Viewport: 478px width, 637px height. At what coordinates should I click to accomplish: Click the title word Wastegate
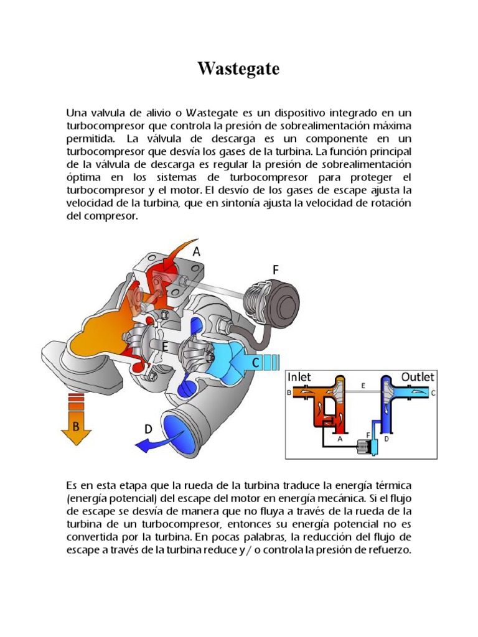click(238, 69)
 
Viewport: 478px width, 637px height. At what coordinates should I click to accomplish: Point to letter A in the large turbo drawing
click(197, 252)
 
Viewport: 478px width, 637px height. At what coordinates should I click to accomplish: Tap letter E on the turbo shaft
click(164, 346)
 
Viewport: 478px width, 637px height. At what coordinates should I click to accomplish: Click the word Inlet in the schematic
click(299, 377)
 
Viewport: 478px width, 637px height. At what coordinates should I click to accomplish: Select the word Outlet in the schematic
click(418, 377)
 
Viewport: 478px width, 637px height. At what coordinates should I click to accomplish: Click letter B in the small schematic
click(289, 393)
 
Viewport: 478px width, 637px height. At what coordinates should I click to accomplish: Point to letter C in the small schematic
click(433, 393)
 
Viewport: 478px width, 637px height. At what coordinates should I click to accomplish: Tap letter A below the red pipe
click(340, 438)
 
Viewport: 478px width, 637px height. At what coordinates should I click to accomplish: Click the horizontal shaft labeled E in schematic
click(363, 392)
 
